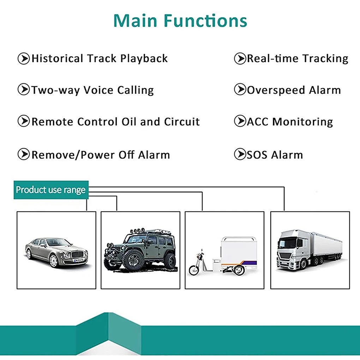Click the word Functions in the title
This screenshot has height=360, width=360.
[205, 21]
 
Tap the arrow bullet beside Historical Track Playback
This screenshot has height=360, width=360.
[24, 58]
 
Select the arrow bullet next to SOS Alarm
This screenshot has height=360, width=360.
[240, 154]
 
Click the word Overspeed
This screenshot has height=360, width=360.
[276, 90]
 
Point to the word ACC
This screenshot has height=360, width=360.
[258, 122]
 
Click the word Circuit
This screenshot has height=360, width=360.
[182, 122]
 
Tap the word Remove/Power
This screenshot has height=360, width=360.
[73, 155]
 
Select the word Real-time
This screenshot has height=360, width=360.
[272, 59]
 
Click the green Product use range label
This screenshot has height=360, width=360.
[51, 190]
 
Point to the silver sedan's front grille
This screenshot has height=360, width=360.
[77, 254]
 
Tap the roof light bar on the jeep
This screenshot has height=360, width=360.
[137, 230]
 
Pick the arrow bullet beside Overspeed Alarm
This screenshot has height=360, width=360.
[240, 89]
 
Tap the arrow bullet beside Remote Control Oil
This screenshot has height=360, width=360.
[24, 121]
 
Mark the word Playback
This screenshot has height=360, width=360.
[144, 59]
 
